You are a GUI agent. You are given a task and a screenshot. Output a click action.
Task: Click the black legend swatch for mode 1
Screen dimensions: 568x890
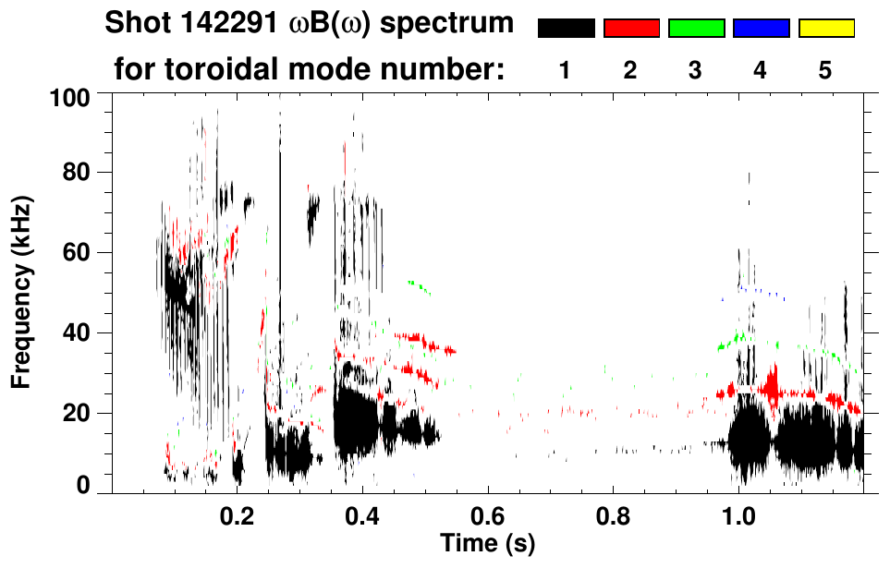pyautogui.click(x=566, y=29)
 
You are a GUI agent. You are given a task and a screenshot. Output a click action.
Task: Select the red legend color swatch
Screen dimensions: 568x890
pyautogui.click(x=631, y=29)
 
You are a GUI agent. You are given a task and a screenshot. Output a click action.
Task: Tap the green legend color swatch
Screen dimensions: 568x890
pyautogui.click(x=696, y=29)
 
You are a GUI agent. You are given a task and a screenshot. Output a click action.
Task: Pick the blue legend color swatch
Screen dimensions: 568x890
pyautogui.click(x=761, y=29)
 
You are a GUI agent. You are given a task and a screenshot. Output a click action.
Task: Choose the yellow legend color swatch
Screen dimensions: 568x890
pyautogui.click(x=826, y=29)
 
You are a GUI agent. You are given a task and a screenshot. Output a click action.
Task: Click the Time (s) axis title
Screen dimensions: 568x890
pyautogui.click(x=487, y=541)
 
